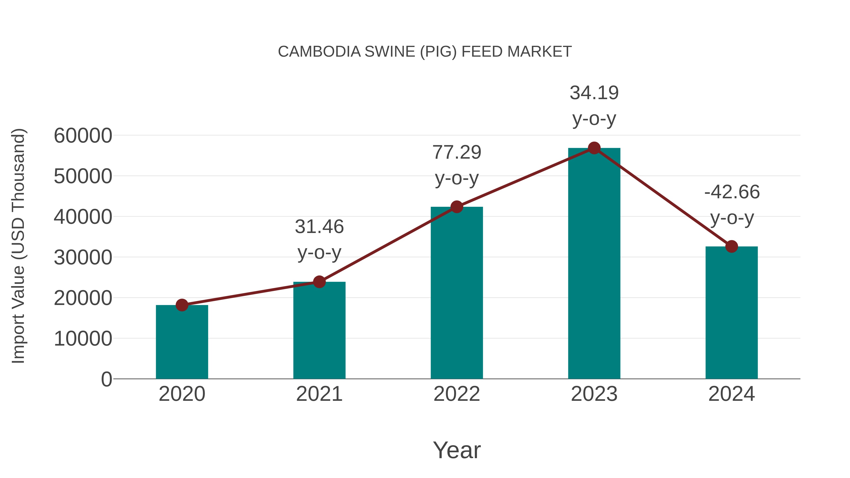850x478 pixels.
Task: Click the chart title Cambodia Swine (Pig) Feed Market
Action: (x=425, y=52)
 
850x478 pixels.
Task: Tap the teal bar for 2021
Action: (x=319, y=330)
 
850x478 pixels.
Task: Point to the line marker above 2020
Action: (x=182, y=305)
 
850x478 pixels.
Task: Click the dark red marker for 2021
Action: (x=319, y=282)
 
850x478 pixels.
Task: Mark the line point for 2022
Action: (x=457, y=207)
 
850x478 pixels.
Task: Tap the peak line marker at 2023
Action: (x=594, y=148)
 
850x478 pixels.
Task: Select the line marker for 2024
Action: (x=731, y=246)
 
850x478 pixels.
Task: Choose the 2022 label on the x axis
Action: (x=457, y=394)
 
